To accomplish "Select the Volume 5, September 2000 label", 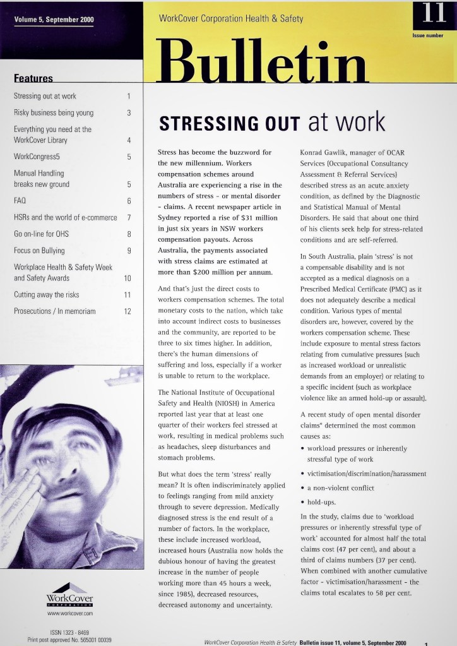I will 54,20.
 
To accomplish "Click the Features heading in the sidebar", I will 33,79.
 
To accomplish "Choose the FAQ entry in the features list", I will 20,201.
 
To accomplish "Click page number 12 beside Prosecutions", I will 128,311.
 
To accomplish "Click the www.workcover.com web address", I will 70,613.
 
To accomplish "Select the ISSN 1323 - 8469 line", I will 69,631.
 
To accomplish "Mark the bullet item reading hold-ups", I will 323,502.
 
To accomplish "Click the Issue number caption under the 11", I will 427,36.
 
